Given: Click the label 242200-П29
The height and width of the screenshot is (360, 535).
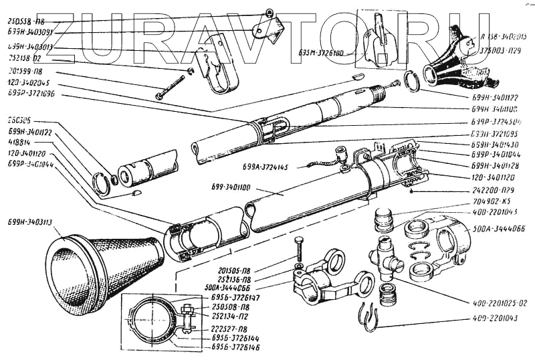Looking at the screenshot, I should (x=455, y=189).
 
